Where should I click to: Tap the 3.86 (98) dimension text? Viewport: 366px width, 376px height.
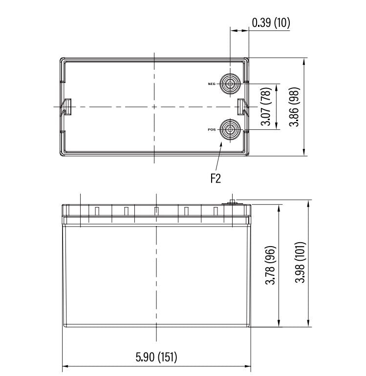pyautogui.click(x=295, y=107)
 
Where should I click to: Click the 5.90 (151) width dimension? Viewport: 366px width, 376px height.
pyautogui.click(x=156, y=357)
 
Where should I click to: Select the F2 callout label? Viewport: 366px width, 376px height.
pyautogui.click(x=215, y=178)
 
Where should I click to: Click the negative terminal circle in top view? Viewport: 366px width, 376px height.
pyautogui.click(x=230, y=84)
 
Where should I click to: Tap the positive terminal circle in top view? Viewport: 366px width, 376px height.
pyautogui.click(x=230, y=130)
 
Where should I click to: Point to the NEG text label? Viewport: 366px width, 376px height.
pyautogui.click(x=212, y=84)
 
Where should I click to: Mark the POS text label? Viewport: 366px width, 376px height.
pyautogui.click(x=212, y=130)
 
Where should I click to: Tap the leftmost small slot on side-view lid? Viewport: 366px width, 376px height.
pyautogui.click(x=96, y=211)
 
